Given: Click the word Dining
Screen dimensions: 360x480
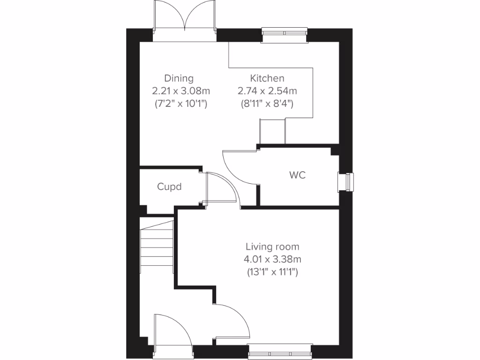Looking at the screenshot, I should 179,78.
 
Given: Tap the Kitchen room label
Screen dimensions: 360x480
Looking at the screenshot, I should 267,78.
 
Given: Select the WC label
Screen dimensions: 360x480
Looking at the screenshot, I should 297,175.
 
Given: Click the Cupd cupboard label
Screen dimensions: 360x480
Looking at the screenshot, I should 169,187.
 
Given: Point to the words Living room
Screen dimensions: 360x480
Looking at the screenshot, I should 272,247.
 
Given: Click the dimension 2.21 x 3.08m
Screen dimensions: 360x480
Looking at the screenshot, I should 180,91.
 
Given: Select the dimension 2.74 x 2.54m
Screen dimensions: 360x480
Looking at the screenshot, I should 267,91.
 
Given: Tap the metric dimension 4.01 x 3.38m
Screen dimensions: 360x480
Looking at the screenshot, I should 272,259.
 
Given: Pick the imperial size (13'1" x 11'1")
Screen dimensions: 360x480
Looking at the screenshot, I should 272,271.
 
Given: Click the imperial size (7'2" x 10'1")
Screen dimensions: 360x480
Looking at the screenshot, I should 180,104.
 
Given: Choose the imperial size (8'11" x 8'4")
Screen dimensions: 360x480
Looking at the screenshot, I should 267,104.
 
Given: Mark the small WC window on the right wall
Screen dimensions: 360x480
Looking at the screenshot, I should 347,182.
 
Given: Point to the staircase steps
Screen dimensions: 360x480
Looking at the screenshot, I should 157,246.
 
